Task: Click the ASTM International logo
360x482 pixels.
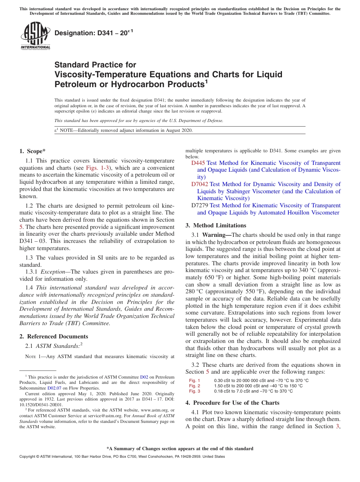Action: pos(35,36)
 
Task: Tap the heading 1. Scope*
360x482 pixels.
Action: pos(33,151)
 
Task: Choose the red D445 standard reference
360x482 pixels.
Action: pos(198,163)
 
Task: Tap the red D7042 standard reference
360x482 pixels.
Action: pos(200,184)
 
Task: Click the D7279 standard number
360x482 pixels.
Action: pos(200,205)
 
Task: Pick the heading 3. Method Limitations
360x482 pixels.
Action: pos(216,225)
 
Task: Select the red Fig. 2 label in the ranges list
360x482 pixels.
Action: pos(194,386)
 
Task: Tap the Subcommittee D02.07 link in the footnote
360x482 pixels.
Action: pos(54,388)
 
